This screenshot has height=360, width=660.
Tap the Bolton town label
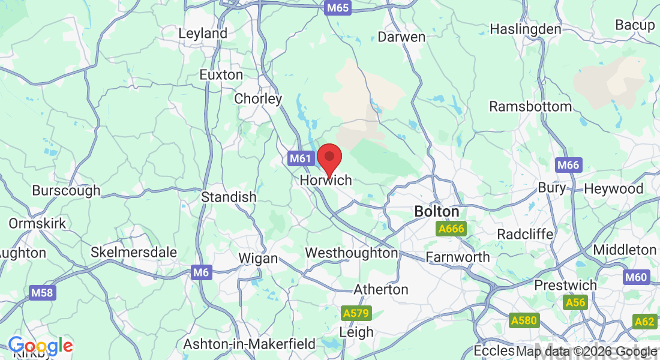[x=437, y=212]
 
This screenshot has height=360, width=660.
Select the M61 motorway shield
[x=301, y=159]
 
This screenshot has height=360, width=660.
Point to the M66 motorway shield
[x=568, y=164]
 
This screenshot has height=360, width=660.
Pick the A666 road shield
[x=451, y=229]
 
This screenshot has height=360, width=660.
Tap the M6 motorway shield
[x=202, y=272]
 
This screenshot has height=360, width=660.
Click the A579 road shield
[x=357, y=313]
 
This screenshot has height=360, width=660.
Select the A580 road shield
[x=524, y=320]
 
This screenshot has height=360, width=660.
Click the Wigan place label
[x=258, y=259]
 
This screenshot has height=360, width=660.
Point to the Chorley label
[x=258, y=98]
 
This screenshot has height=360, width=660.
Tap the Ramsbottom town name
[x=530, y=106]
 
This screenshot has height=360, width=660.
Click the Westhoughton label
[x=351, y=253]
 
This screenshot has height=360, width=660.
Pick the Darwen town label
[x=401, y=37]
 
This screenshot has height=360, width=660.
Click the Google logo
[x=40, y=346]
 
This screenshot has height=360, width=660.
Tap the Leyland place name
[x=203, y=33]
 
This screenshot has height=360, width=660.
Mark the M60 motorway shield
[x=635, y=277]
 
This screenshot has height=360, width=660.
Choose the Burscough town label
[x=66, y=191]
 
